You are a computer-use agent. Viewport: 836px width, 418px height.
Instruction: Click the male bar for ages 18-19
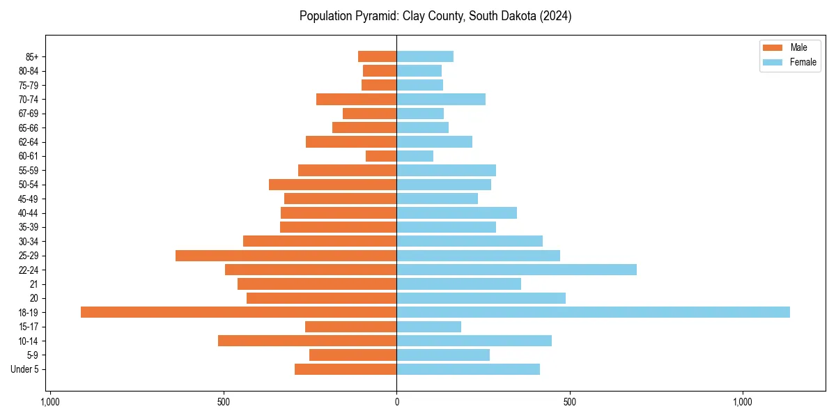tap(238, 312)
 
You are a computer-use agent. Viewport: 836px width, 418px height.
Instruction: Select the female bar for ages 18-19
tap(593, 312)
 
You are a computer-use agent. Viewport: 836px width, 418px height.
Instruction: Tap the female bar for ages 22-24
tap(516, 270)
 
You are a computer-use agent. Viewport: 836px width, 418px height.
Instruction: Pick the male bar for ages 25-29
tap(286, 256)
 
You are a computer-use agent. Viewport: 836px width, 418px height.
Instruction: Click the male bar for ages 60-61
tap(381, 156)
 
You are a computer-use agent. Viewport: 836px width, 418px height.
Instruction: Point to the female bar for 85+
tap(425, 56)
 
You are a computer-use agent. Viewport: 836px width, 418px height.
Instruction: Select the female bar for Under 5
tap(468, 369)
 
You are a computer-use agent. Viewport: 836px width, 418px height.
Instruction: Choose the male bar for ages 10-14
tap(307, 341)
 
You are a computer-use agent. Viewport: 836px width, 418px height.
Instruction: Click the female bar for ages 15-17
tap(428, 327)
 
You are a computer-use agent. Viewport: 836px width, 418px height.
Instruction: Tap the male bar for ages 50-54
tap(332, 185)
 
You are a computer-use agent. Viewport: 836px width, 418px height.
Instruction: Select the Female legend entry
tap(790, 62)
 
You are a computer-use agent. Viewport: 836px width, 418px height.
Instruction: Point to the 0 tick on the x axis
tap(396, 402)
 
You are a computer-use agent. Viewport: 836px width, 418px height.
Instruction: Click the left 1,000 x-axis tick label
tap(50, 402)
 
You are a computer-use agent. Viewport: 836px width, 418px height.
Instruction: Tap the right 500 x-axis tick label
tap(569, 402)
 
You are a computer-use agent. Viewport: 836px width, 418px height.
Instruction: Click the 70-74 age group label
tap(29, 100)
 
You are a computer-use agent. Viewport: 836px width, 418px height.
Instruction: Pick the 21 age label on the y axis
tap(34, 284)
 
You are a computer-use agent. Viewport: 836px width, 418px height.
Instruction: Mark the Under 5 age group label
tap(24, 369)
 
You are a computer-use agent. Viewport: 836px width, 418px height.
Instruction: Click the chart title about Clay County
tap(435, 16)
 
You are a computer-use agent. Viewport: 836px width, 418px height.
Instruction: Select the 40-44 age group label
tap(29, 213)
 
